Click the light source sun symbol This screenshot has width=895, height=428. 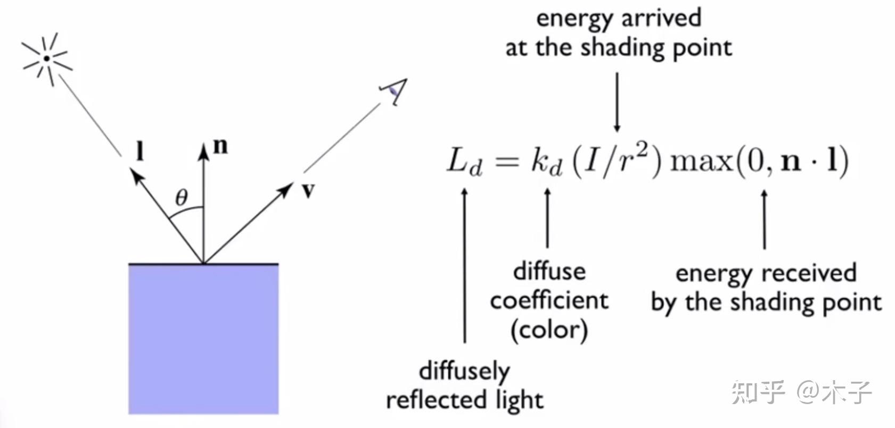pyautogui.click(x=46, y=58)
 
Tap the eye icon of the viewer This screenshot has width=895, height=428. pyautogui.click(x=393, y=92)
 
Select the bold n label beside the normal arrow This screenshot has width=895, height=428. pyautogui.click(x=220, y=146)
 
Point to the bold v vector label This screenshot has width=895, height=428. pyautogui.click(x=308, y=190)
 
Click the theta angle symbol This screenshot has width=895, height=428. pyautogui.click(x=182, y=197)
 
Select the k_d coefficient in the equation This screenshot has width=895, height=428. pyautogui.click(x=546, y=161)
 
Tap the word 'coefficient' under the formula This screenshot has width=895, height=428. pyautogui.click(x=549, y=301)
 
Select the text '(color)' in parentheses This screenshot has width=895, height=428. pyautogui.click(x=549, y=330)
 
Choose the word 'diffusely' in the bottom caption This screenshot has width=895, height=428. pyautogui.click(x=464, y=371)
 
